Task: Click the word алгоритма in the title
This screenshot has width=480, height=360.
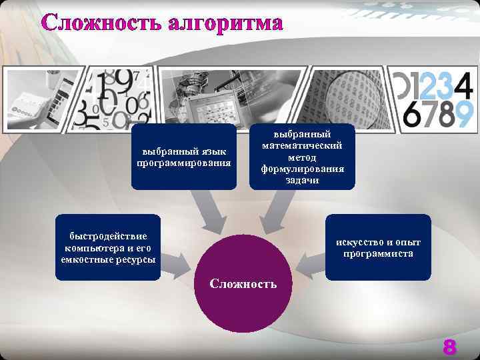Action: tap(226, 23)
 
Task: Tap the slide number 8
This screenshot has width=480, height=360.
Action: tap(450, 347)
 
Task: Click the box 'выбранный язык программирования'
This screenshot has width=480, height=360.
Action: tap(183, 157)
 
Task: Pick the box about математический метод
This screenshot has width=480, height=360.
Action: tap(303, 157)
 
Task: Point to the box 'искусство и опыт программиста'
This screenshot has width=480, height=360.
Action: tap(378, 247)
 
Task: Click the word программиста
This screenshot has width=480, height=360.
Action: tap(378, 253)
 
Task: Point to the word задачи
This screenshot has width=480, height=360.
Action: tap(303, 179)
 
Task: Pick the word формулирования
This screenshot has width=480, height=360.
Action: tap(303, 169)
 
